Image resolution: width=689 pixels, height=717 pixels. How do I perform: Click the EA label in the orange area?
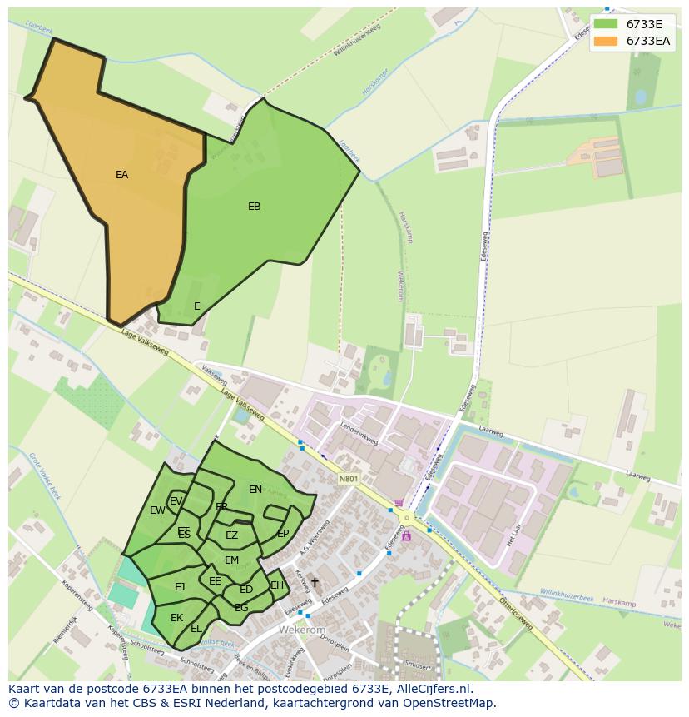coord(122,175)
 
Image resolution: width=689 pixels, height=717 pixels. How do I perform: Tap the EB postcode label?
coord(254,207)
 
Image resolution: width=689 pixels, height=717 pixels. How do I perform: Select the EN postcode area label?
coord(255,490)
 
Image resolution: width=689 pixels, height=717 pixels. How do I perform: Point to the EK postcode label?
coord(176,618)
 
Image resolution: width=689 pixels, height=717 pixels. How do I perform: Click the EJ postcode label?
coord(180,587)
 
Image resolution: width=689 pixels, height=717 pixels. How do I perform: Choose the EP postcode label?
coord(283,534)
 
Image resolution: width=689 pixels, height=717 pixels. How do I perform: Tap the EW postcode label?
coord(157,510)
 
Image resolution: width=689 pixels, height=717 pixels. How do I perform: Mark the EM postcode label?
coord(231,560)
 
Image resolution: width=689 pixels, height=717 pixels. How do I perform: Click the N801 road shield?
coord(349,479)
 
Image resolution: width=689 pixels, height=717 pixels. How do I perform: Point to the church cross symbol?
coord(315,582)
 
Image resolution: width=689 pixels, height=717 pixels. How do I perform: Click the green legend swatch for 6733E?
coord(605,24)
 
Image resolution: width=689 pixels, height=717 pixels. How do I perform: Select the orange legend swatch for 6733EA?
coord(605,41)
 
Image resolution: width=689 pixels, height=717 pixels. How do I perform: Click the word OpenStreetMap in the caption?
coord(449,703)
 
